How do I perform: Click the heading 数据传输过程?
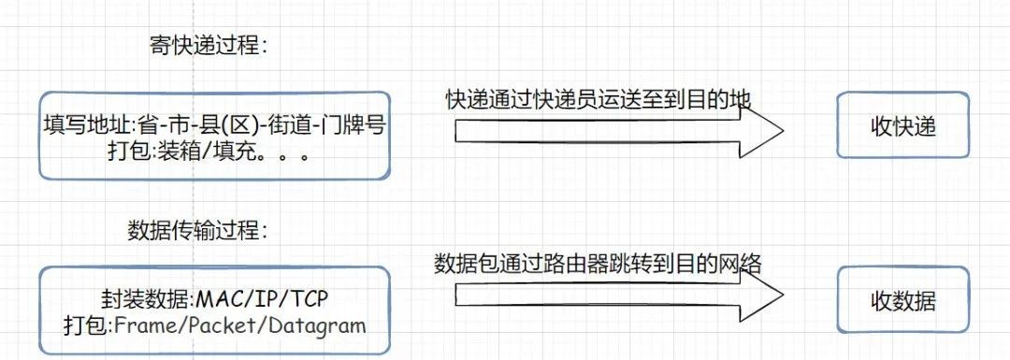click(x=195, y=229)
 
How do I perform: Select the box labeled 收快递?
click(x=902, y=125)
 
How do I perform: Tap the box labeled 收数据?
click(x=902, y=301)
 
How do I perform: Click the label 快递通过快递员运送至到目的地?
click(x=599, y=98)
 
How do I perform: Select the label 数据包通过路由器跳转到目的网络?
click(x=599, y=265)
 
